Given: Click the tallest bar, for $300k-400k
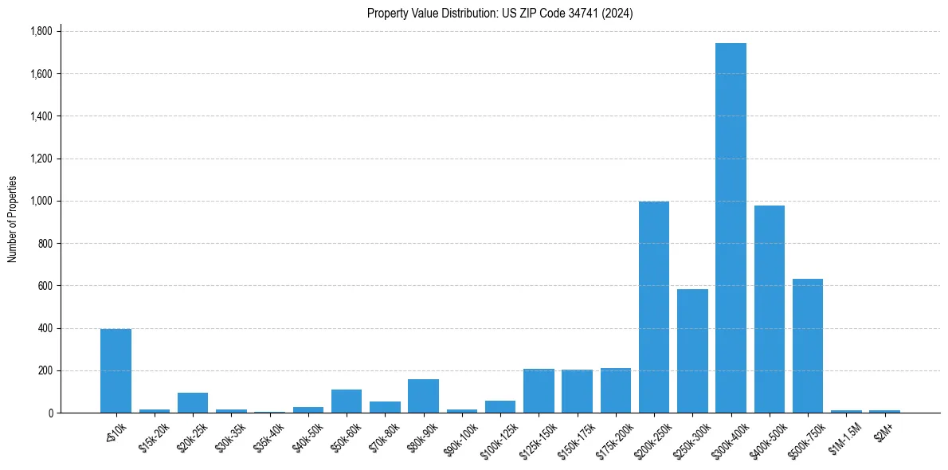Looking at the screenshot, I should click(x=731, y=228).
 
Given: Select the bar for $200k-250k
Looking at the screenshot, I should click(x=654, y=307).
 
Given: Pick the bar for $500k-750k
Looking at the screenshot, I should click(x=808, y=346).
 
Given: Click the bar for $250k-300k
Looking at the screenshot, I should click(x=692, y=351).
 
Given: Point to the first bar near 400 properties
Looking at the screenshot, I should click(x=116, y=371).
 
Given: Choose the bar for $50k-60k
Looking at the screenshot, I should click(x=347, y=401).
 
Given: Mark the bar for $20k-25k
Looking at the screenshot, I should click(x=193, y=403).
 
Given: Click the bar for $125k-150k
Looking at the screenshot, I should click(x=539, y=391).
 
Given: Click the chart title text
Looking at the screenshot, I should click(x=499, y=14).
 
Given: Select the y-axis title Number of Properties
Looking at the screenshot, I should click(x=13, y=219).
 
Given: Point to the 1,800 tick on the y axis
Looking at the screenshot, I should click(x=41, y=32).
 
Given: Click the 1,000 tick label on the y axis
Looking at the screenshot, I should click(x=41, y=202).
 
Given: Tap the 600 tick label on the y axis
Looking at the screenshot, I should click(x=45, y=286).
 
